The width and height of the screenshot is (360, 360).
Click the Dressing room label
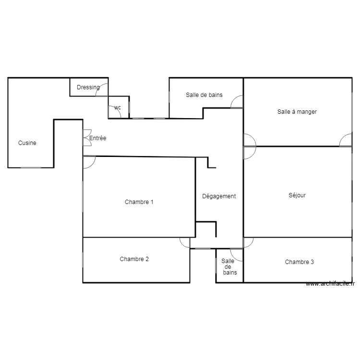click(88, 87)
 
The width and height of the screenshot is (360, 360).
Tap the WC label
click(117, 108)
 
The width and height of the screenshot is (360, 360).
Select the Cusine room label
click(27, 143)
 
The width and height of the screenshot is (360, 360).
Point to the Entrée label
click(97, 138)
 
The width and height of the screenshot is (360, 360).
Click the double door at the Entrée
click(87, 138)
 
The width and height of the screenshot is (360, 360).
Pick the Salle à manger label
click(297, 112)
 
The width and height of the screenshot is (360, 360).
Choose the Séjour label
click(297, 195)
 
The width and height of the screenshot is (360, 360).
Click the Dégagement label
click(219, 196)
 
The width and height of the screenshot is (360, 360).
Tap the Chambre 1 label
click(139, 202)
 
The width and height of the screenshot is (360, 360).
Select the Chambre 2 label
click(134, 259)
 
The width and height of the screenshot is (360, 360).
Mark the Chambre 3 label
click(299, 262)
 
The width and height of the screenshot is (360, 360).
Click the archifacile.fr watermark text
click(330, 284)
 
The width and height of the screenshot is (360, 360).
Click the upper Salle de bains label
click(204, 95)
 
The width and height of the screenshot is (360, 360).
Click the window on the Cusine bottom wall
click(31, 168)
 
